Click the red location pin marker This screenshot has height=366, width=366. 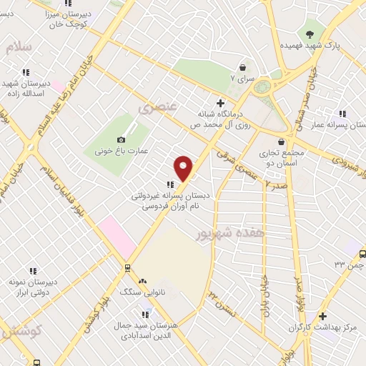pyautogui.click(x=184, y=169)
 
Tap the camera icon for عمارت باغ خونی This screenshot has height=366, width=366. pyautogui.click(x=121, y=139)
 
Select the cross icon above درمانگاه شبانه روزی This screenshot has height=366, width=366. pyautogui.click(x=221, y=103)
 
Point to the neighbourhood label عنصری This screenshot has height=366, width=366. pyautogui.click(x=157, y=109)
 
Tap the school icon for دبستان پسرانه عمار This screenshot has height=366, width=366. pyautogui.click(x=342, y=113)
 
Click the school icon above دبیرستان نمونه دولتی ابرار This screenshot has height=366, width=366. pyautogui.click(x=32, y=271)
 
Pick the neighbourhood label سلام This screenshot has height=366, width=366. pyautogui.click(x=19, y=46)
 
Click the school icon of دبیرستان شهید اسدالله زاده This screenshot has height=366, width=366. pyautogui.click(x=26, y=72)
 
